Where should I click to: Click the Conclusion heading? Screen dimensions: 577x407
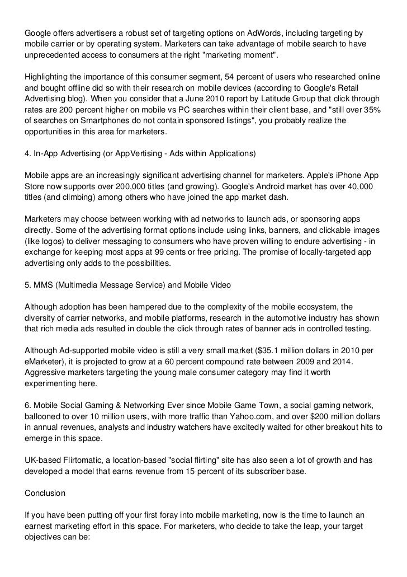45,494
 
